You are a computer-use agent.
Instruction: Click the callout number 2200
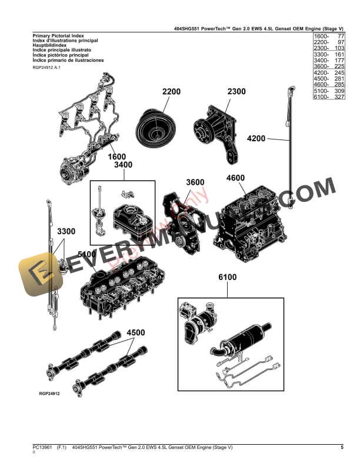pyautogui.click(x=171, y=92)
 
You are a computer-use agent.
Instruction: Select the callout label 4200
pyautogui.click(x=257, y=139)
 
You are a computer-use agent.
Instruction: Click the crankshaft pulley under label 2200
pyautogui.click(x=157, y=125)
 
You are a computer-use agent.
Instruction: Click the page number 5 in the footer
pyautogui.click(x=342, y=448)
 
